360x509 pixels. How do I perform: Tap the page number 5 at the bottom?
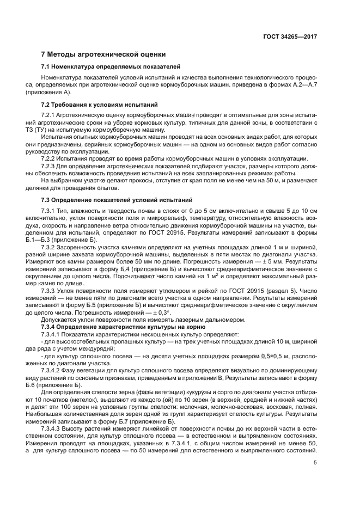coord(315,463)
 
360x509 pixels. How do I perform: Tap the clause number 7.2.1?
coord(51,116)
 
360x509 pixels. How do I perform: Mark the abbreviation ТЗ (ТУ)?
coord(51,130)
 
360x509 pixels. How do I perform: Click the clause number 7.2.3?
coord(51,165)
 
